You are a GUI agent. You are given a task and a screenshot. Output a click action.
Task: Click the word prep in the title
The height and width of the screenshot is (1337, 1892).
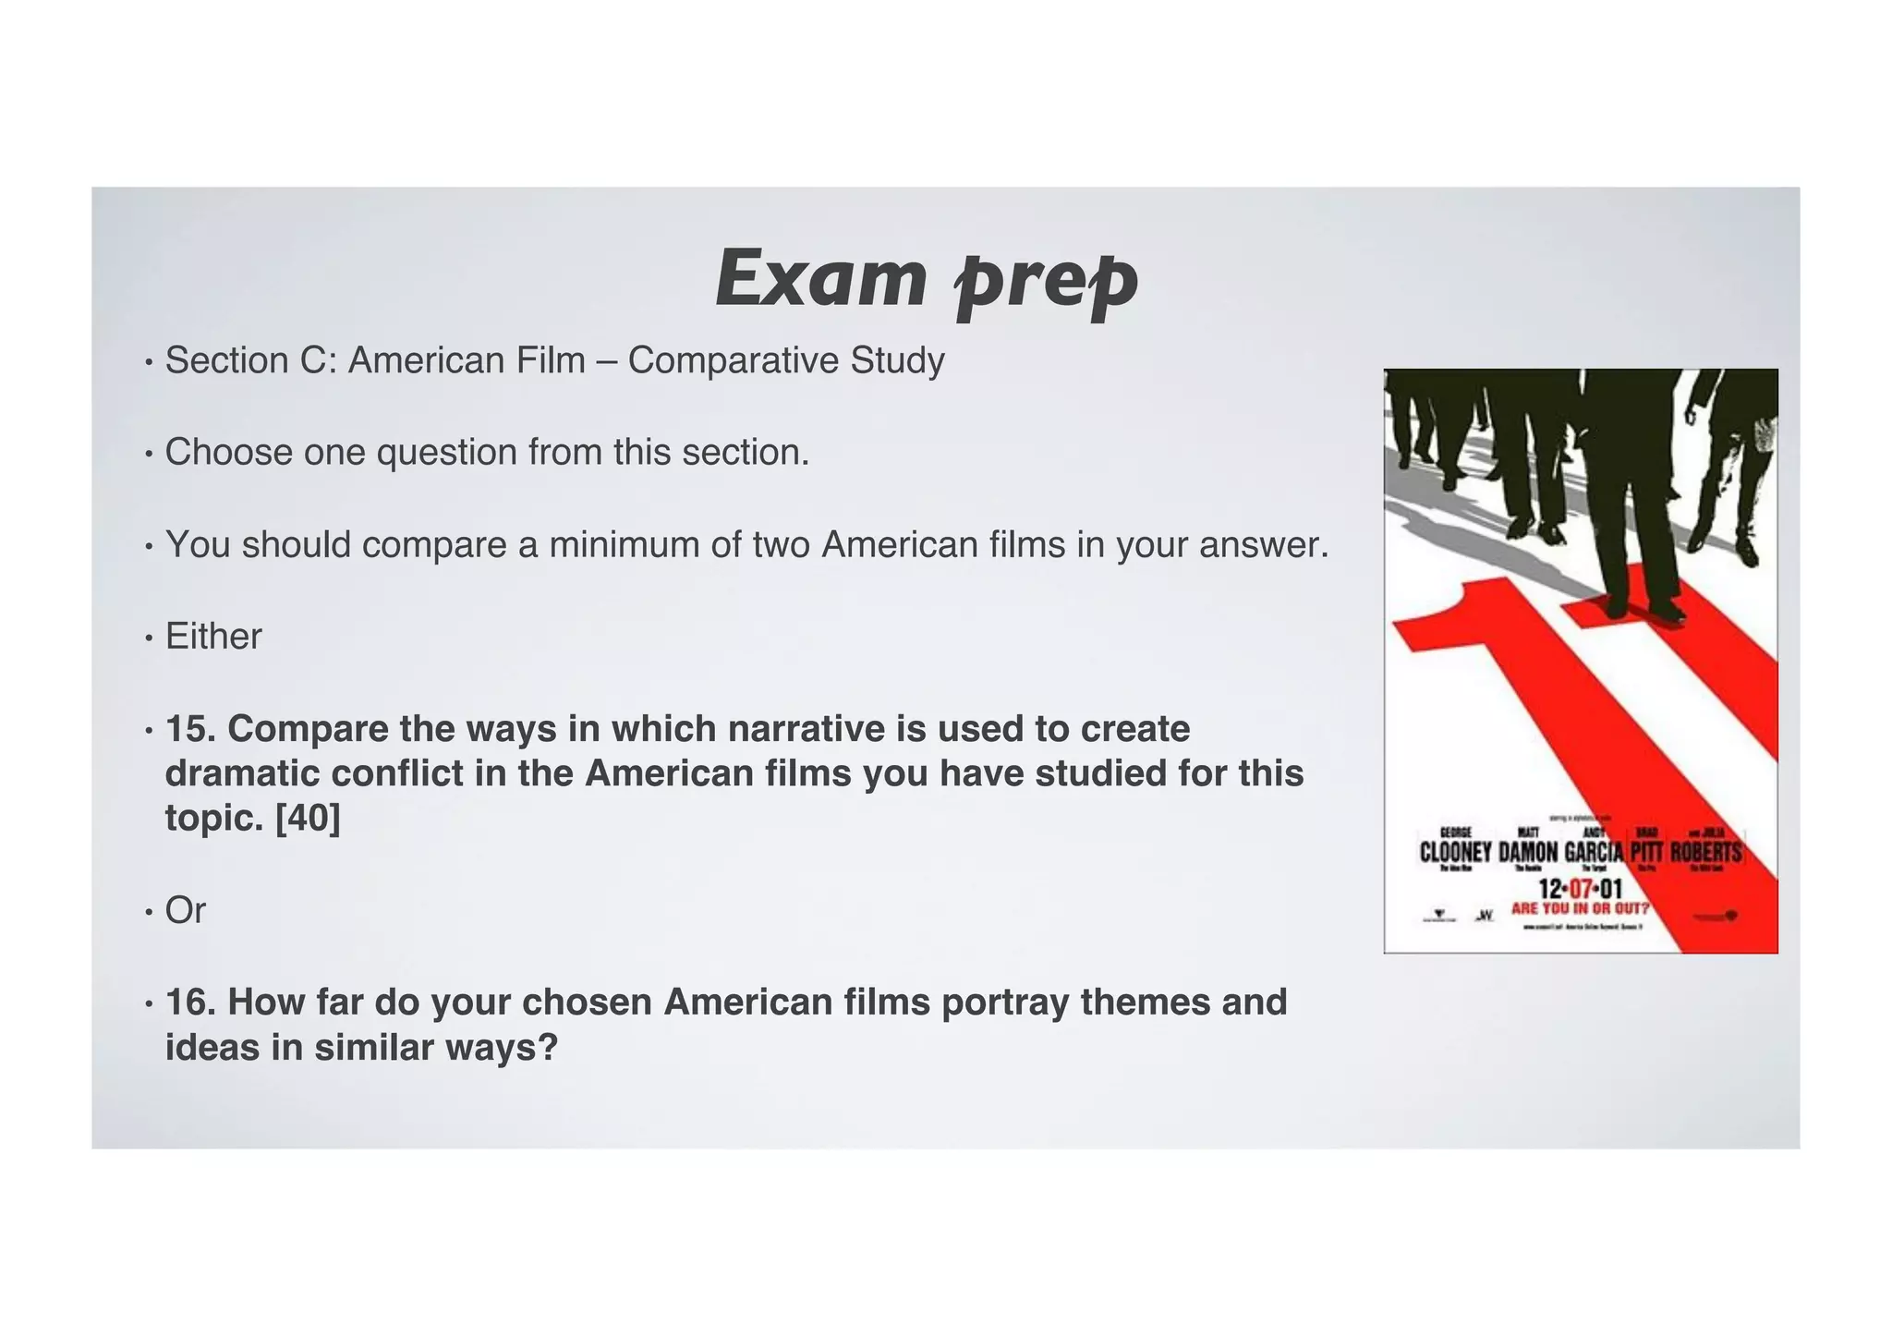tap(1045, 278)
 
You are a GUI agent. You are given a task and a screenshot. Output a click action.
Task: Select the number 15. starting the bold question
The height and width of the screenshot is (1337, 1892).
tap(189, 729)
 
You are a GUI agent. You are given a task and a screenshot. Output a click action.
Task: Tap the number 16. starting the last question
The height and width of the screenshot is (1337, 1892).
tap(189, 1003)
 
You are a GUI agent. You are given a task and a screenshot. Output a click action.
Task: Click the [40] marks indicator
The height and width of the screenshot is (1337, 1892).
tap(308, 818)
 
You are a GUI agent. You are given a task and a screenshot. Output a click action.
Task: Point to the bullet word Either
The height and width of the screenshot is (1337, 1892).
tap(213, 637)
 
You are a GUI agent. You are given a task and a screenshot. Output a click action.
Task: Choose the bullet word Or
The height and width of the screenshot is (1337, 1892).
tap(185, 911)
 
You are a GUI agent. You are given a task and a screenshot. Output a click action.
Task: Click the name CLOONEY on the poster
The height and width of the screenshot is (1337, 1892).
tap(1455, 852)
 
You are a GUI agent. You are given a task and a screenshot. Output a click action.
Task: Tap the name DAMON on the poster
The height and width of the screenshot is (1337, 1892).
tap(1528, 852)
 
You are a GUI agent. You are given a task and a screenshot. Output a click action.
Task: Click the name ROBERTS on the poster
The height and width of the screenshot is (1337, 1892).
tap(1705, 852)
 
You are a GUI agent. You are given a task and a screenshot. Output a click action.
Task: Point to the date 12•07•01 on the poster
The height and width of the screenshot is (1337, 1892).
tap(1580, 890)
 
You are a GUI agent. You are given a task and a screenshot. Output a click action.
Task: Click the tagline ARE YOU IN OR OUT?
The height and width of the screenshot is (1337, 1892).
tap(1580, 908)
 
